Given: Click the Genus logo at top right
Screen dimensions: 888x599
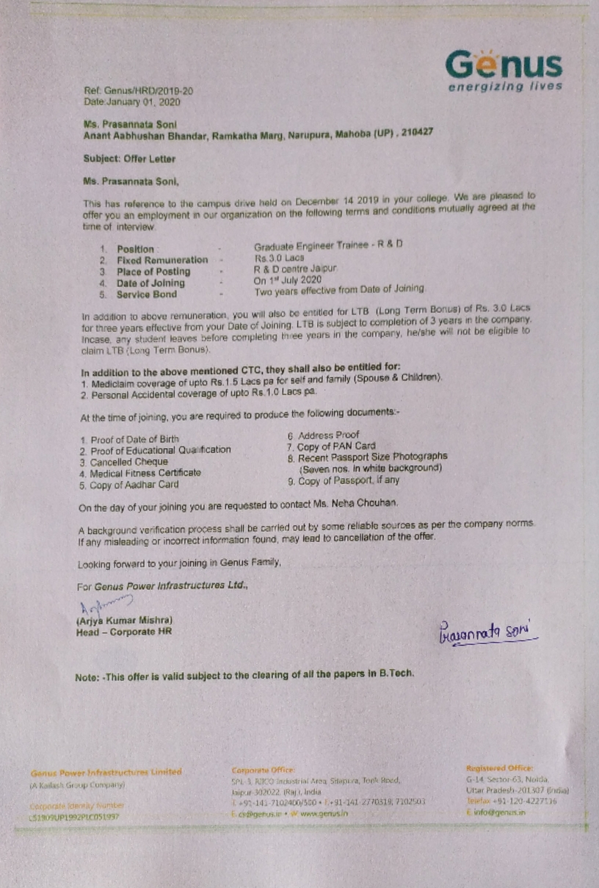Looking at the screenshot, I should click(x=504, y=71).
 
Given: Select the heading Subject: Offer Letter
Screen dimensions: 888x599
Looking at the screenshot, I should click(x=129, y=158).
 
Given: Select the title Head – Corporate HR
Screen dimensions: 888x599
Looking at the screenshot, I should click(x=124, y=632).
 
